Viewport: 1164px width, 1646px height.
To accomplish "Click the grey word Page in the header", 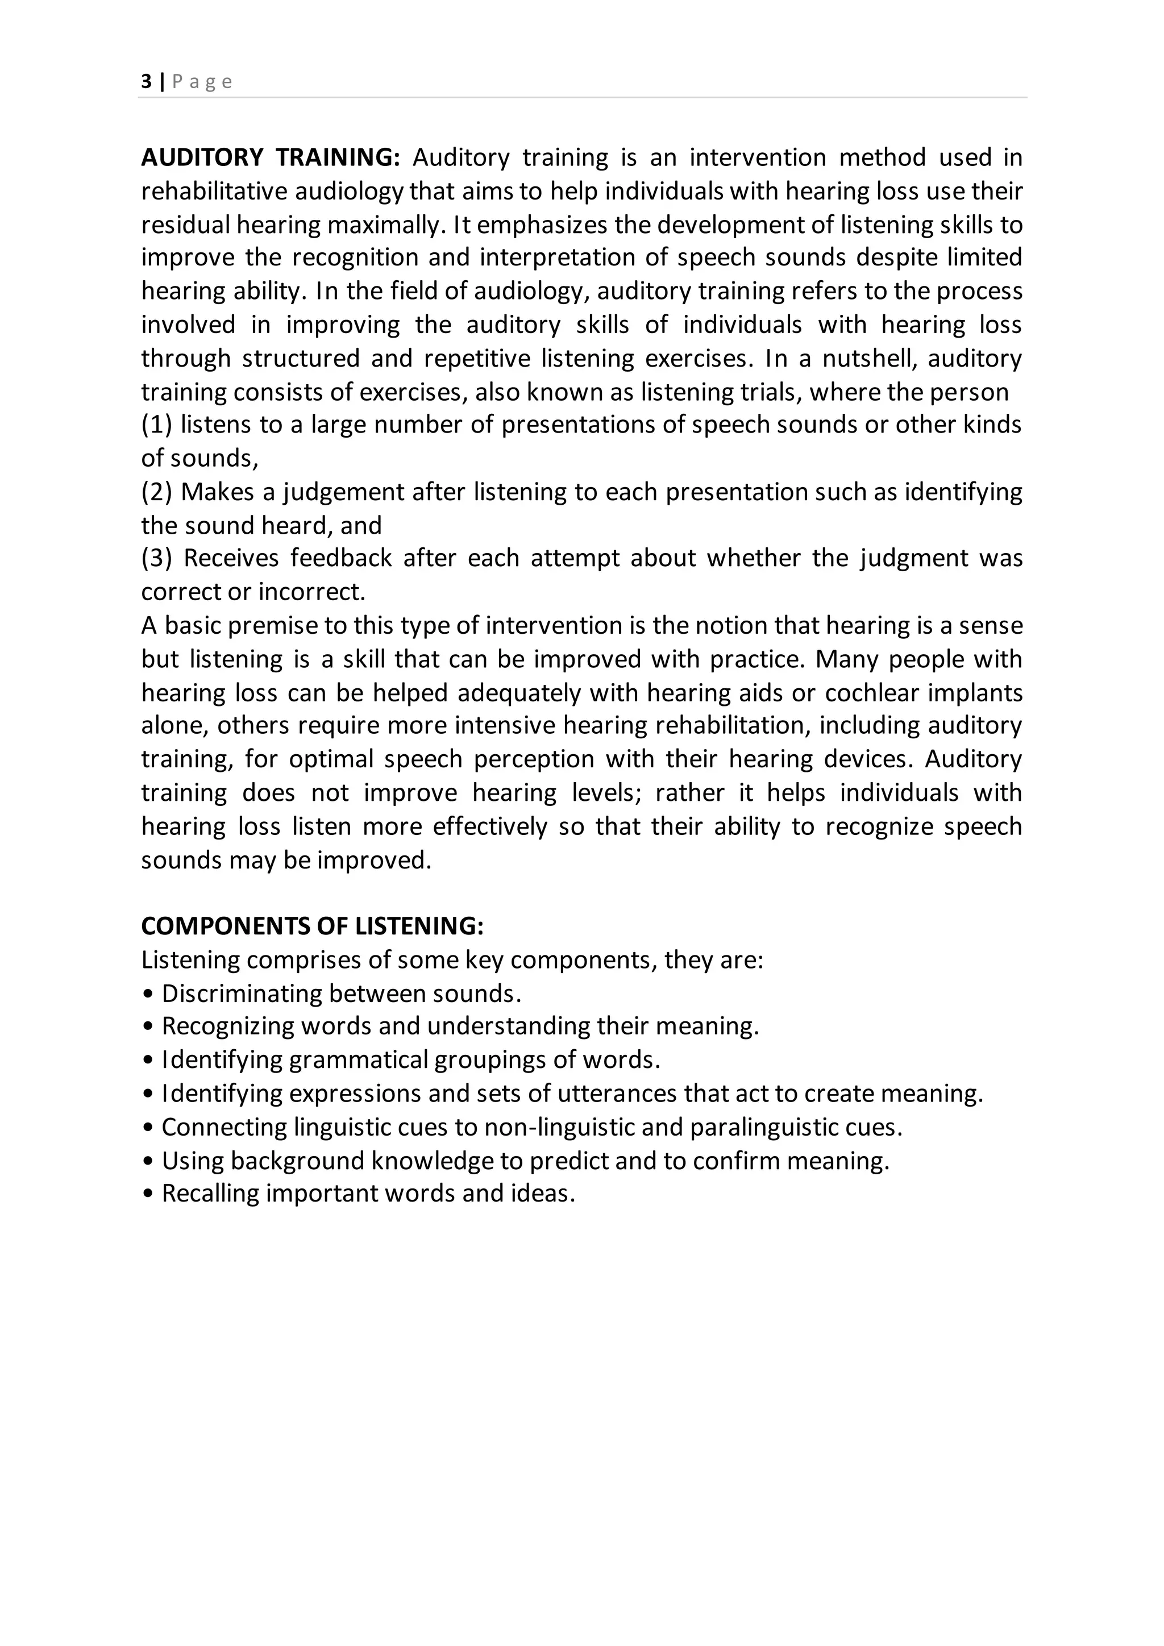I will (x=202, y=82).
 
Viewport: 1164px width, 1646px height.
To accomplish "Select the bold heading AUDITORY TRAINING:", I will (x=270, y=157).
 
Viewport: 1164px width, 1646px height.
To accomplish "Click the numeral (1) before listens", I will (x=156, y=425).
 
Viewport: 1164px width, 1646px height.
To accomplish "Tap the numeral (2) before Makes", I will (x=156, y=491).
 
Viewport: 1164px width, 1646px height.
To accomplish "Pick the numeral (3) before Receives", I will (x=156, y=558).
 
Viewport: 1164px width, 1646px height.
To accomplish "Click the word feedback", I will (x=340, y=558).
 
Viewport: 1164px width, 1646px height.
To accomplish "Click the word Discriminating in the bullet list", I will (x=242, y=993).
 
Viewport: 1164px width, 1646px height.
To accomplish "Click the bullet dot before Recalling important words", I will (x=148, y=1194).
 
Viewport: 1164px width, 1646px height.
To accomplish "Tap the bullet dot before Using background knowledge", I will (x=148, y=1161).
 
